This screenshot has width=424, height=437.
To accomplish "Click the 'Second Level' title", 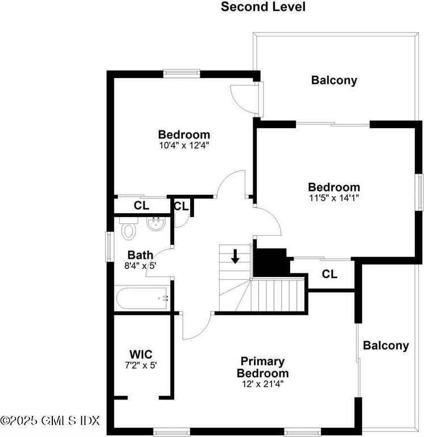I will coord(263,7).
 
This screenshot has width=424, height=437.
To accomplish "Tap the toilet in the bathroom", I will coord(129,230).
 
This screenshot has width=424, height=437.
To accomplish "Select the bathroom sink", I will coord(155,224).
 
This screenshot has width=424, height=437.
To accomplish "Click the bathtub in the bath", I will coord(142,298).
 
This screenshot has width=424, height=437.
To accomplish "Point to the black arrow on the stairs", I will coord(234,256).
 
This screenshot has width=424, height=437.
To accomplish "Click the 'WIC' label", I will coord(141,354).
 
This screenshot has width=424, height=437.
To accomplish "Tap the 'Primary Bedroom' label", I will coord(262,367).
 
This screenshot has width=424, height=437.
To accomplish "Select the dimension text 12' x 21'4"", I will coord(262,384).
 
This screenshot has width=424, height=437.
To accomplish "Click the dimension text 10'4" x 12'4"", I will coord(184,145).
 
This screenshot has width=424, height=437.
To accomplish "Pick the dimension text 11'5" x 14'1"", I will coord(334,198).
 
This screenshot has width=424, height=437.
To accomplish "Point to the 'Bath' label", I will coord(140,255).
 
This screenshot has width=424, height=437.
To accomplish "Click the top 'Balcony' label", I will coord(334,80).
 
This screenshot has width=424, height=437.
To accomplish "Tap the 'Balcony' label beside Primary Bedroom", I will coord(386,345).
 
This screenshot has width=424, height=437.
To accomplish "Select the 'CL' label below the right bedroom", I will coord(330,274).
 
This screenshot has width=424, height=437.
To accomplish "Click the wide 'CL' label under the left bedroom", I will coord(142,205).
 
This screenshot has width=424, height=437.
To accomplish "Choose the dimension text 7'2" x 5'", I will coord(141,365).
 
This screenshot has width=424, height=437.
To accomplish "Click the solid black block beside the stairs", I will coord(270,262).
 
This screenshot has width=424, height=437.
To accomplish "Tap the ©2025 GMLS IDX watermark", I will coord(50,420).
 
